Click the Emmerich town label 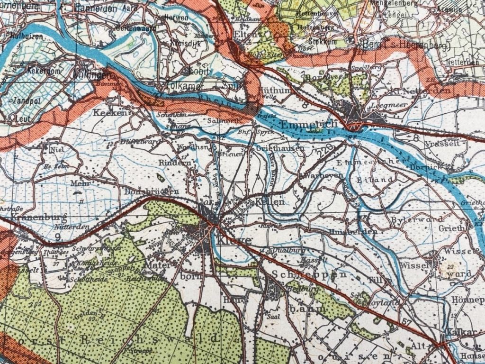[308, 124]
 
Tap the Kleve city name [235, 240]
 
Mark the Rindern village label [178, 163]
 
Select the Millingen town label [92, 74]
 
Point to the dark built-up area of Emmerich [353, 111]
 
